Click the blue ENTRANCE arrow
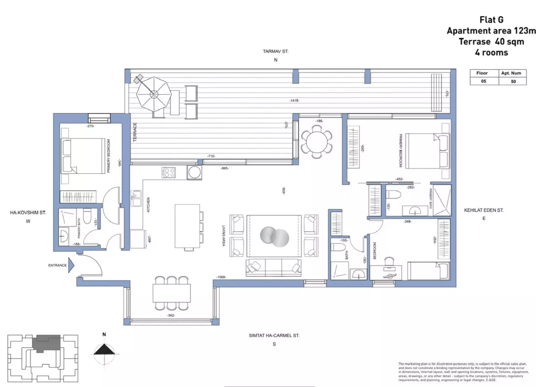71,265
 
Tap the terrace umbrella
154,94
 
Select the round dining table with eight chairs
317,141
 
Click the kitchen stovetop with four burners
169,172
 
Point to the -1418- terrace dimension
294,100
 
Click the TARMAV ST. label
275,52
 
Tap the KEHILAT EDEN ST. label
483,210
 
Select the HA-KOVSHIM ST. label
28,213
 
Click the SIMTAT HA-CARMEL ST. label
274,335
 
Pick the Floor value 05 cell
483,81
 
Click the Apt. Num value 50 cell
513,81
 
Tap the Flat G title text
491,20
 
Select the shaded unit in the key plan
47,343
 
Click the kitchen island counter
187,226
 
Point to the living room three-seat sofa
273,267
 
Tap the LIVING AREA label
223,236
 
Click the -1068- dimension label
221,277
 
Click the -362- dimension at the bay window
171,315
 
